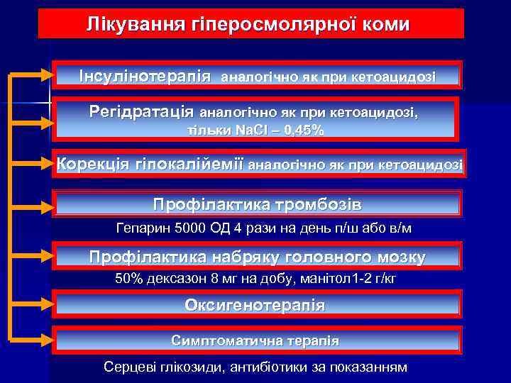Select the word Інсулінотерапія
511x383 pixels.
[145, 74]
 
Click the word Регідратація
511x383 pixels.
[142, 111]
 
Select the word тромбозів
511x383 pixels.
[320, 205]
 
